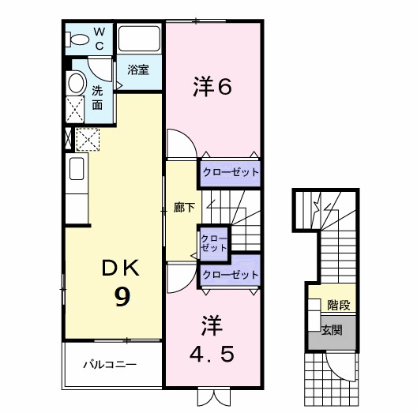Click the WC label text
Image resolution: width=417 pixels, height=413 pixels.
tap(100, 39)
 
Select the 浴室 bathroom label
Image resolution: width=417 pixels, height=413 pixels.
tap(138, 69)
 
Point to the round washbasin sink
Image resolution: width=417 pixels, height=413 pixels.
tap(77, 83)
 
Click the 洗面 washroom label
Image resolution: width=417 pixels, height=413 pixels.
tap(97, 97)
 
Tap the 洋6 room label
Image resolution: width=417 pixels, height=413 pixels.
tap(212, 87)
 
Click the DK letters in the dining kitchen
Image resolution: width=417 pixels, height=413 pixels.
tap(120, 268)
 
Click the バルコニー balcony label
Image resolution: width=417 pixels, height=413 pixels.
tap(111, 366)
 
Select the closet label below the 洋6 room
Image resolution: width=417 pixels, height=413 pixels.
tap(230, 172)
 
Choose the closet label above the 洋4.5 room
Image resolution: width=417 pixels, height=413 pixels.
tap(231, 275)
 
